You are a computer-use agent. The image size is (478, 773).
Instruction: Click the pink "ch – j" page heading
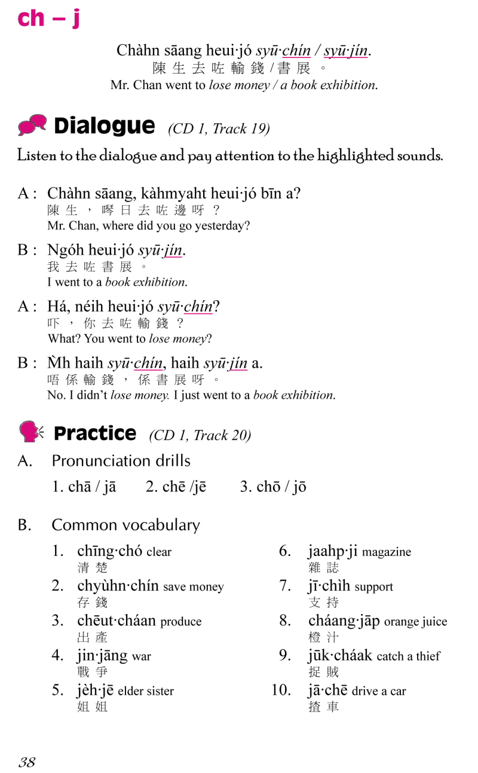48,19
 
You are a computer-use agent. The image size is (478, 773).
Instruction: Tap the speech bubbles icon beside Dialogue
32,126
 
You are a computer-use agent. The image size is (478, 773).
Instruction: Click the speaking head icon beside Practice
31,432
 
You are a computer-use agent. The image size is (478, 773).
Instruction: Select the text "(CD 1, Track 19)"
219,129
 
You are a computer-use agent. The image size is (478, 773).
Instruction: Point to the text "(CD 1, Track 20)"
200,435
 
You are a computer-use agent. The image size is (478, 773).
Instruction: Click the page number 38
27,762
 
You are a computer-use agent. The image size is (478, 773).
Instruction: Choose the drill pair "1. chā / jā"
84,487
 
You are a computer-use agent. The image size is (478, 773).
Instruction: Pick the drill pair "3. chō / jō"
273,487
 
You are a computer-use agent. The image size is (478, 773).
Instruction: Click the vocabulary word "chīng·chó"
109,551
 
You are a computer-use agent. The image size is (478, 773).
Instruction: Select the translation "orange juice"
415,622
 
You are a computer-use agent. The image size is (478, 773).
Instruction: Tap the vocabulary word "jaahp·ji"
332,551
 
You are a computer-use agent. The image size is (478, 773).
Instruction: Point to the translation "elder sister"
146,691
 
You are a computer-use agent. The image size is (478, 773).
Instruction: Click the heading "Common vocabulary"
125,525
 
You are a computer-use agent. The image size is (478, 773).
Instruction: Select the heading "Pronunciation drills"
121,461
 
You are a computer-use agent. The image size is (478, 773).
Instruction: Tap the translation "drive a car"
379,691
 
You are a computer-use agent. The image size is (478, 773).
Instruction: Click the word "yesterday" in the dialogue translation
228,226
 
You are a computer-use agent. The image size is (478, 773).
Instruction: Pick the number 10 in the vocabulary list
281,690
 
